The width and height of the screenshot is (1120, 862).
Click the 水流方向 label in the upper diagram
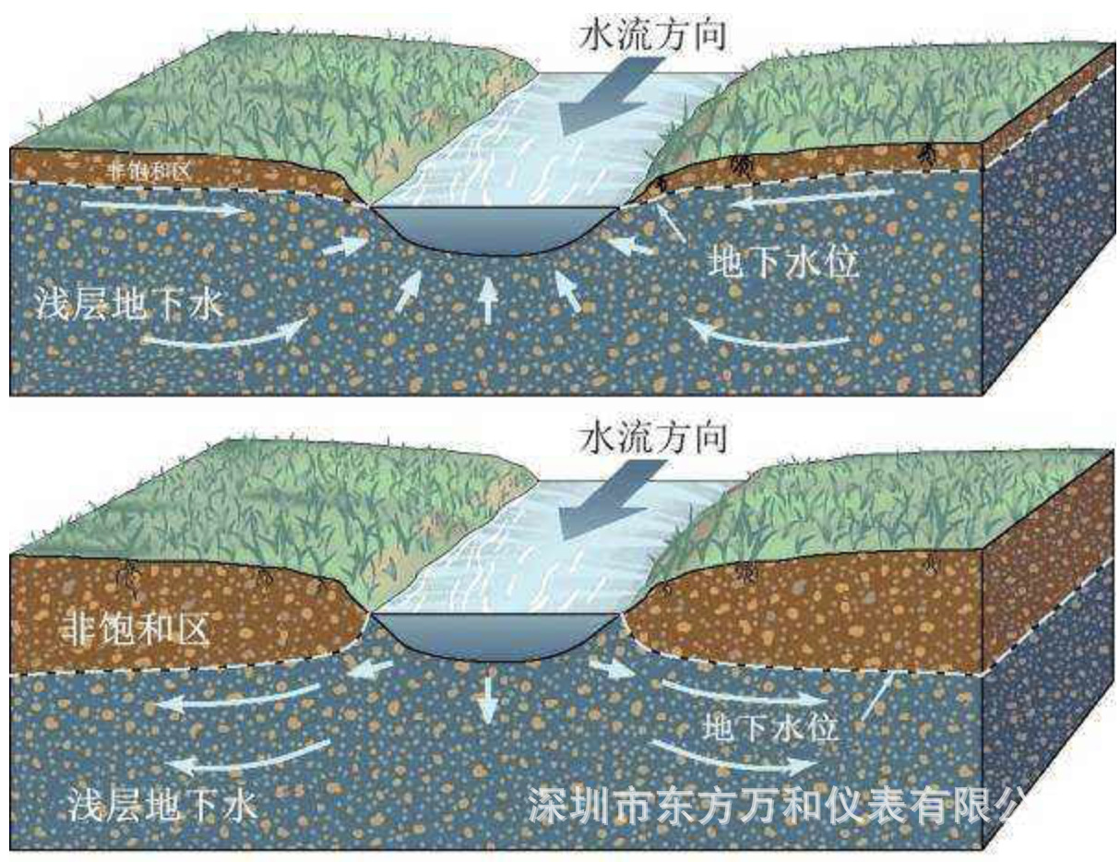650,34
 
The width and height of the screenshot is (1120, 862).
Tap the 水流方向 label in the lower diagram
651,437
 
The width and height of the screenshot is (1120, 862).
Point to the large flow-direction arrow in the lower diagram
609,504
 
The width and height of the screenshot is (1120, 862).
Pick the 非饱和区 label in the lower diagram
137,631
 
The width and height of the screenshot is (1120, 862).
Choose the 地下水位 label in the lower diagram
770,725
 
